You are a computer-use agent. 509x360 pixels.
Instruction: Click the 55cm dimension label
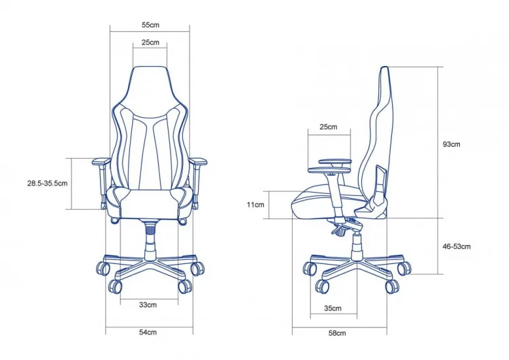[x=150, y=24]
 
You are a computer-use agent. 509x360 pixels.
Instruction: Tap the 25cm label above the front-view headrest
[x=150, y=42]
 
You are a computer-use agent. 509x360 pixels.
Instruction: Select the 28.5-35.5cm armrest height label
[x=47, y=184]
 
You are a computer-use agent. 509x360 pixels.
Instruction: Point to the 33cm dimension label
[x=148, y=305]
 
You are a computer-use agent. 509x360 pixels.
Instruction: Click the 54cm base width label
[x=148, y=332]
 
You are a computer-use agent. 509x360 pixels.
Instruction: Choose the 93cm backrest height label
[x=451, y=144]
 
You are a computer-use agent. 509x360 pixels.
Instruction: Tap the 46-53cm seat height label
[x=456, y=246]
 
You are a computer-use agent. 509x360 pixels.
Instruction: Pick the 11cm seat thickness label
[x=256, y=204]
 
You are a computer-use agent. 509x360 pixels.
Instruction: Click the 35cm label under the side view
[x=332, y=308]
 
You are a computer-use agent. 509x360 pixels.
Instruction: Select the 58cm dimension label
[x=336, y=333]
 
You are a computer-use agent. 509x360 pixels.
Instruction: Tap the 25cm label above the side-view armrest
[x=328, y=127]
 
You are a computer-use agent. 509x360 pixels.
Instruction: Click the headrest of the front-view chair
[x=150, y=82]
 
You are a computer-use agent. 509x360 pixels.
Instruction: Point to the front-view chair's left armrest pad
[x=100, y=162]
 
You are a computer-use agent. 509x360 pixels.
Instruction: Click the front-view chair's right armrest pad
[x=199, y=162]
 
